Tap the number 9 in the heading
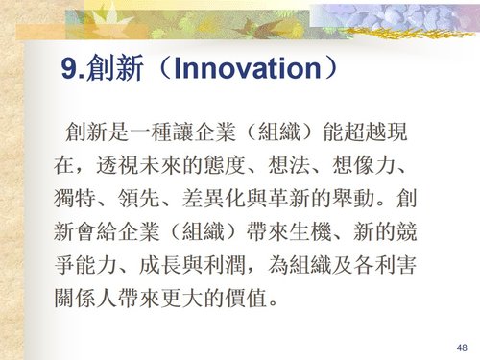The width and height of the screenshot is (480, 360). [68, 68]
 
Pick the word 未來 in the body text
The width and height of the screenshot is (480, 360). [173, 161]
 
